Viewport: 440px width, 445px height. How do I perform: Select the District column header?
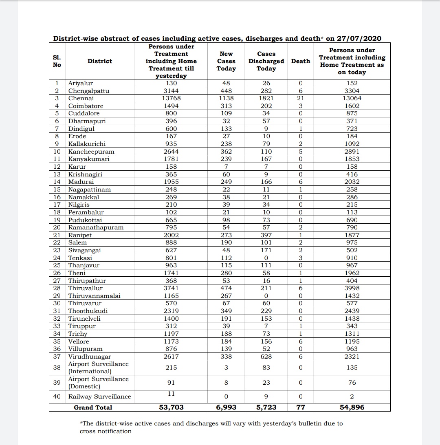point(99,61)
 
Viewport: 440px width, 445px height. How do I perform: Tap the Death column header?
point(301,61)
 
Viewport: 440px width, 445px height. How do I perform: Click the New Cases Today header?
point(226,61)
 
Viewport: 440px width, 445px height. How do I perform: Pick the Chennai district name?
point(81,98)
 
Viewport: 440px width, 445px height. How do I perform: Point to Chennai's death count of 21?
point(301,98)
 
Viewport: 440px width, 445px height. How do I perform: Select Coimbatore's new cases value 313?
point(226,106)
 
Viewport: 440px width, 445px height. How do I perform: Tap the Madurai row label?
point(81,182)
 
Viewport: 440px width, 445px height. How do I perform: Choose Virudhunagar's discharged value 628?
point(266,357)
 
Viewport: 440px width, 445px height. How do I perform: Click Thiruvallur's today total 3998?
point(352,288)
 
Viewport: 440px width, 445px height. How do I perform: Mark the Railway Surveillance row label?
point(99,397)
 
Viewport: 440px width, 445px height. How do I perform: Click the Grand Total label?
point(93,408)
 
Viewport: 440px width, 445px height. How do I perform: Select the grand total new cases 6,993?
point(226,408)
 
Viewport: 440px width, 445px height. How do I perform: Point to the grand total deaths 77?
point(301,408)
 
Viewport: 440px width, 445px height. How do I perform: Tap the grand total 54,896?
point(352,408)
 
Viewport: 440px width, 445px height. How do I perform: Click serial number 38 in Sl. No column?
point(57,368)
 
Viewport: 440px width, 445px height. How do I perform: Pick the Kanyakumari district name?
point(89,159)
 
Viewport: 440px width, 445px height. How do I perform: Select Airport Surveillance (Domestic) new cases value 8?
point(226,383)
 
